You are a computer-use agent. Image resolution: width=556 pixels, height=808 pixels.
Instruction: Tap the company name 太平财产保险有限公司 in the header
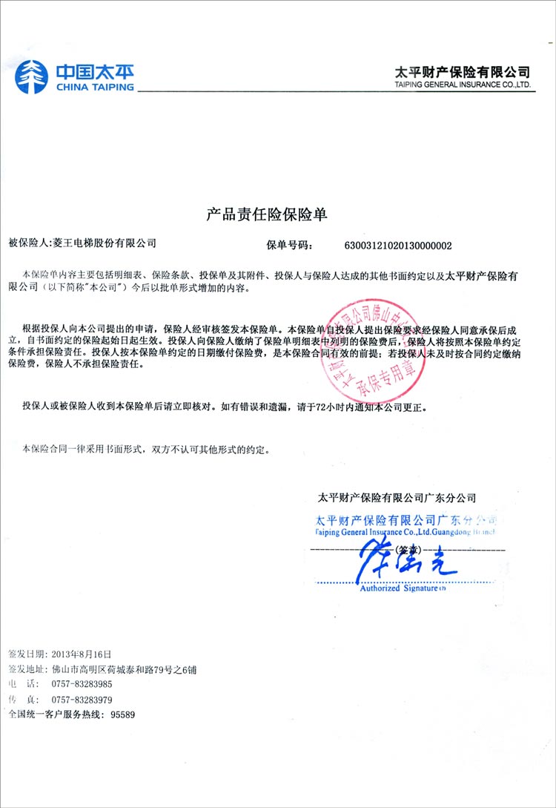point(463,71)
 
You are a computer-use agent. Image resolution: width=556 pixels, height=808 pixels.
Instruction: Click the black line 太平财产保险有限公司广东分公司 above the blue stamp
point(396,498)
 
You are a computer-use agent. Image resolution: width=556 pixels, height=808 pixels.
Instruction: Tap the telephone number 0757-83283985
point(82,684)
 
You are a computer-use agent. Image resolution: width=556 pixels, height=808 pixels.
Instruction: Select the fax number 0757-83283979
point(82,699)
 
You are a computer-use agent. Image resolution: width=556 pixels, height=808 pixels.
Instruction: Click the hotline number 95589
point(123,715)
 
